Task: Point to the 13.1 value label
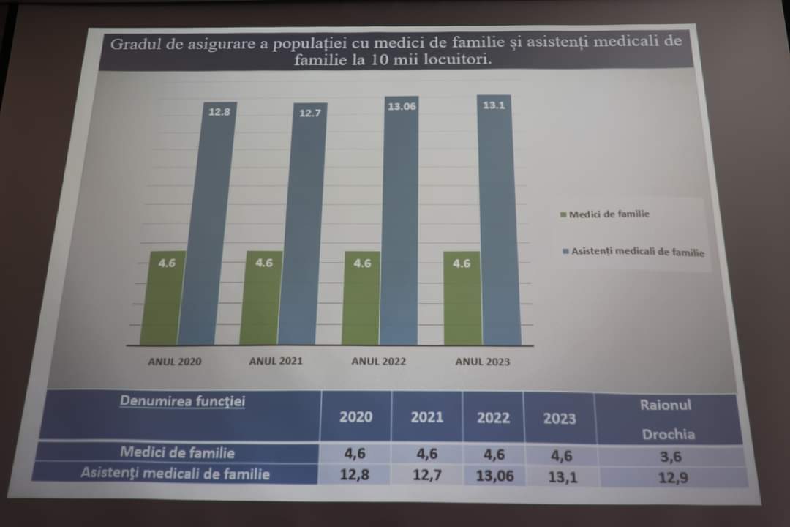pos(494,105)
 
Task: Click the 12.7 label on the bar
pos(309,113)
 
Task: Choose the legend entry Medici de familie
pos(604,214)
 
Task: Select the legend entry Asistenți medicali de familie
pos(633,252)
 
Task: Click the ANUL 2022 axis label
pos(378,362)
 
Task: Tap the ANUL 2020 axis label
pos(174,362)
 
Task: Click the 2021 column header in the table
pos(426,416)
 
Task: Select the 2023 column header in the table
pos(559,419)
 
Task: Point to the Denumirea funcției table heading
pos(182,401)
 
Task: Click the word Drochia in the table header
pos(668,434)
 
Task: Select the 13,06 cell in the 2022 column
pos(494,476)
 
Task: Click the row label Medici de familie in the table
pos(177,453)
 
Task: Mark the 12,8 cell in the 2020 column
pos(355,475)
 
